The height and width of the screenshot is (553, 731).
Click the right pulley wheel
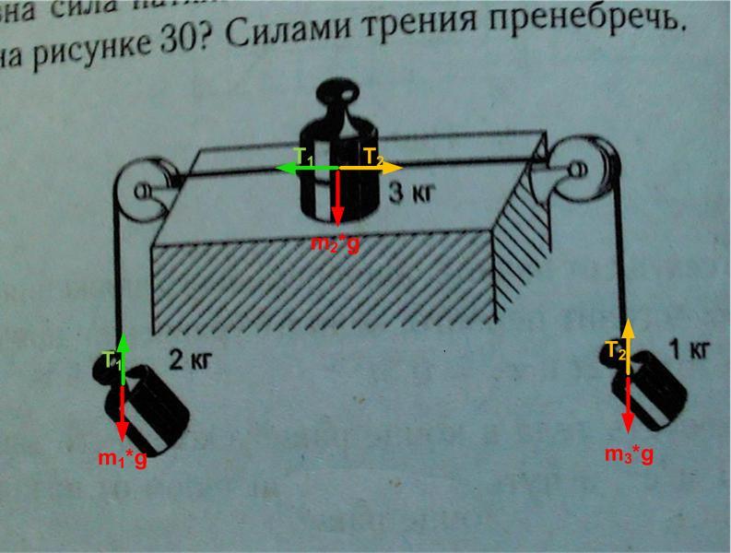[583, 169]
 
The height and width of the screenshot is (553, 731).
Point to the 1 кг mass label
[688, 349]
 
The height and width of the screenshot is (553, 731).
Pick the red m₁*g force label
[123, 458]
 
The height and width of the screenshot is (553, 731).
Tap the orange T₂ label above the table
[372, 156]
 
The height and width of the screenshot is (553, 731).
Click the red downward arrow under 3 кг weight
[338, 198]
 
